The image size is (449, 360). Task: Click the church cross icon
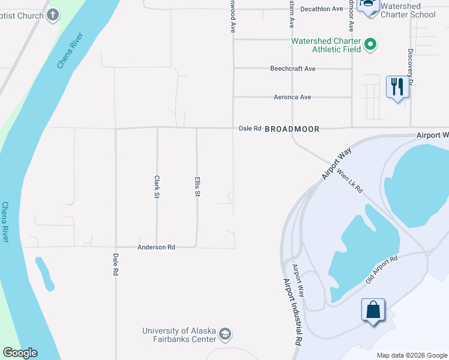click(53, 14)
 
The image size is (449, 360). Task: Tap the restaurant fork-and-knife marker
click(397, 87)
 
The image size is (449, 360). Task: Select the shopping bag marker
click(373, 310)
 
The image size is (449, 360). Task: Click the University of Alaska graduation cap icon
click(225, 334)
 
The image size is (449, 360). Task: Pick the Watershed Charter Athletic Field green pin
click(371, 43)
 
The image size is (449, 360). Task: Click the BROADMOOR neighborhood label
click(292, 129)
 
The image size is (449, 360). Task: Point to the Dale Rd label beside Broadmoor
click(250, 128)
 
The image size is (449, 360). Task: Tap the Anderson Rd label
click(156, 247)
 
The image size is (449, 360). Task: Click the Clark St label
click(157, 187)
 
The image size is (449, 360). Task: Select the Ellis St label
click(197, 187)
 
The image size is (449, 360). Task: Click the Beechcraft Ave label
click(292, 69)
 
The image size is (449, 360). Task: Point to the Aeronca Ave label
click(292, 97)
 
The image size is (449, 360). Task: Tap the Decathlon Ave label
click(321, 9)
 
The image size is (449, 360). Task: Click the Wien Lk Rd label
click(350, 180)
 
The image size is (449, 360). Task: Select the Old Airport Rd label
click(382, 270)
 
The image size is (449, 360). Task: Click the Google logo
click(20, 353)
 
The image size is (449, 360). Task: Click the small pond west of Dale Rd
click(44, 272)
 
